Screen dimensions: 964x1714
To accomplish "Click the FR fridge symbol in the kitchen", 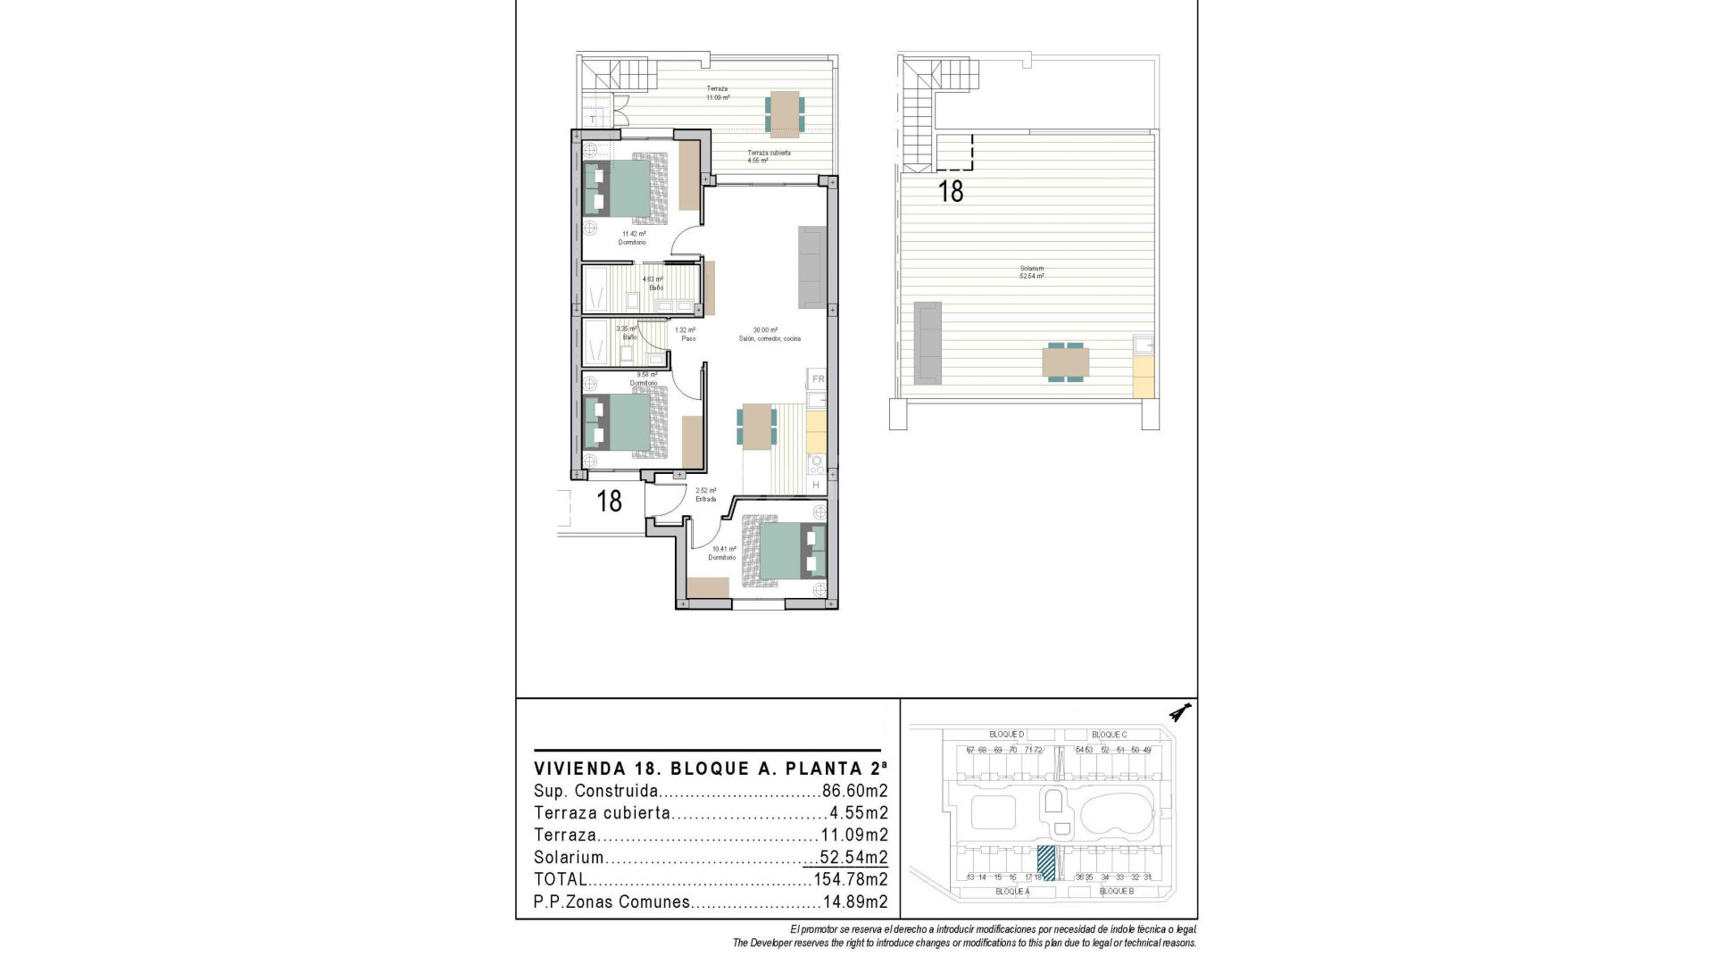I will point(817,379).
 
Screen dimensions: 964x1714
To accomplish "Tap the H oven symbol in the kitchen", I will point(816,485).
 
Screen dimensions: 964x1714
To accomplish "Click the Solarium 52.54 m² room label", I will point(1032,272).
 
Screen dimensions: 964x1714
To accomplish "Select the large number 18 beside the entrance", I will point(609,501).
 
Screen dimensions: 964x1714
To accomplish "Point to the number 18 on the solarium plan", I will point(951,191).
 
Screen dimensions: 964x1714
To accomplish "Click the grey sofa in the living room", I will point(811,268).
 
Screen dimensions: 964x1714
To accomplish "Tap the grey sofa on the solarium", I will point(927,343).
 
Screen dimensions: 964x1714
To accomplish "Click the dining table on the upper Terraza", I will point(784,113).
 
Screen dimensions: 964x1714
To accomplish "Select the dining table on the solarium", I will point(1065,362).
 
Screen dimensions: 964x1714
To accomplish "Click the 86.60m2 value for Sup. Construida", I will point(854,791).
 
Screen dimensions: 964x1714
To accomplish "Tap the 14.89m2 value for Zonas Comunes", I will point(854,902).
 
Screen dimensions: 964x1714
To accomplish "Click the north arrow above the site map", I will point(1183,712).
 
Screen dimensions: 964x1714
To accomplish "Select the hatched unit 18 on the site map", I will point(1046,863).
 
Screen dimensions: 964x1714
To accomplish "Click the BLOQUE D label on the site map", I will point(1006,735).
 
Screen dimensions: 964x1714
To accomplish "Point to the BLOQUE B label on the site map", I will point(1116,891).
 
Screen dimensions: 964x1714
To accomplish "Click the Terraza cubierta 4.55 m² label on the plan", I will point(769,157).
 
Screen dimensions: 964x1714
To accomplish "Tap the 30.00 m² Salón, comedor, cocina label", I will point(770,334).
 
